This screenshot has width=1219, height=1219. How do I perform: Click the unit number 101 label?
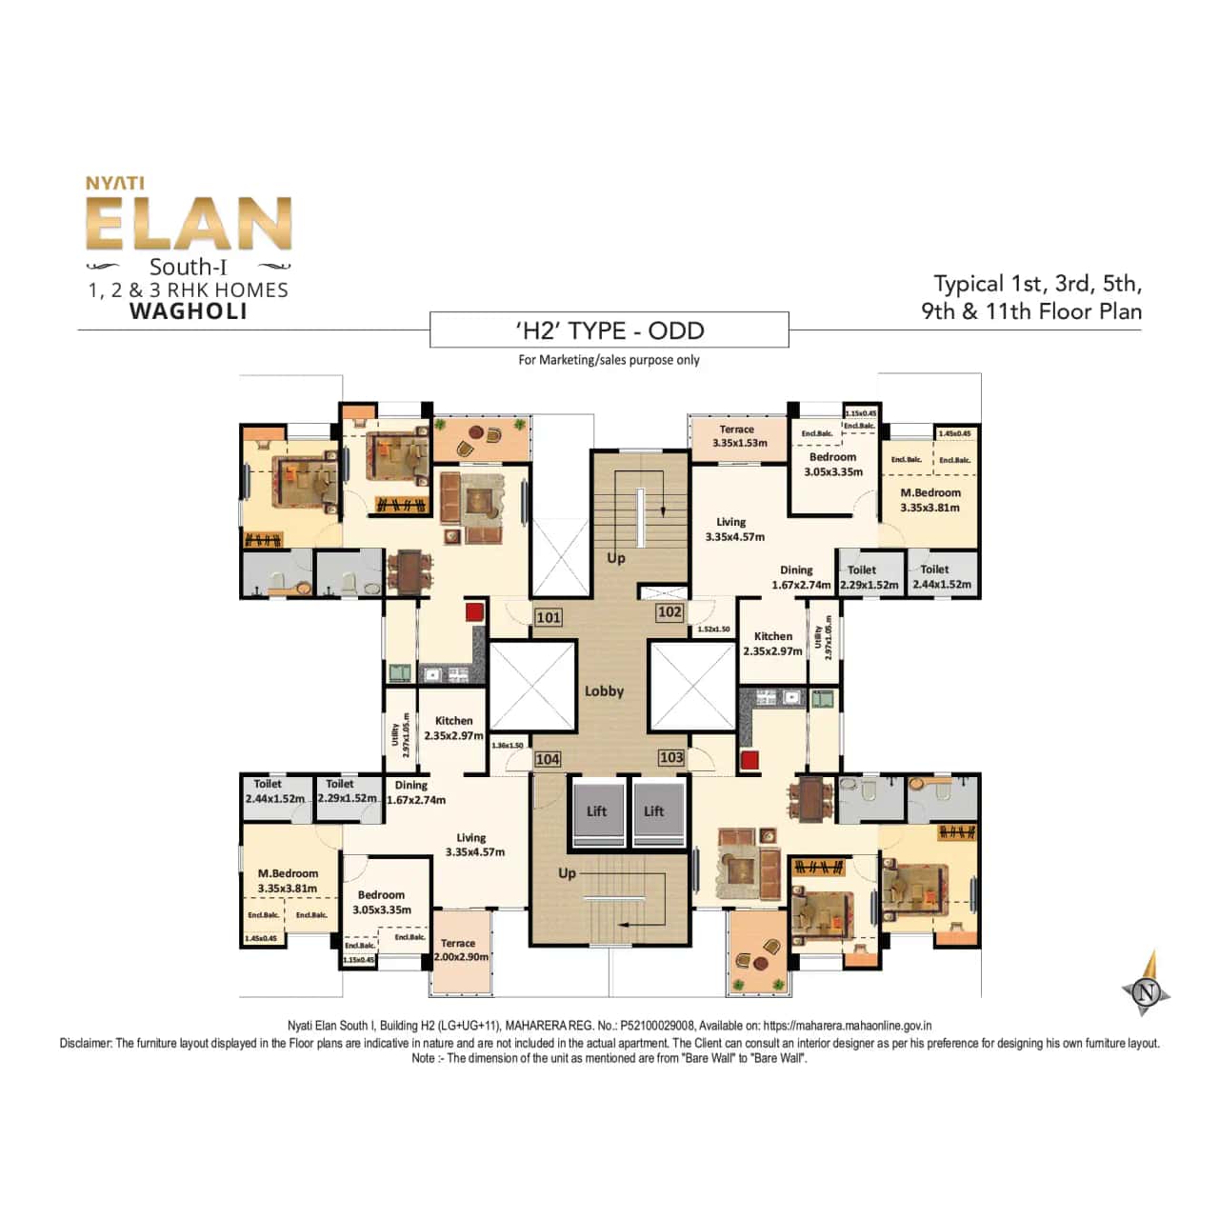coord(549,617)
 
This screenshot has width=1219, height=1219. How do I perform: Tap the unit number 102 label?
coord(669,612)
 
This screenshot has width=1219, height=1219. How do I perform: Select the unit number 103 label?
coord(671,757)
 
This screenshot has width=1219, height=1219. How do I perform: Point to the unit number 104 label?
coord(548,759)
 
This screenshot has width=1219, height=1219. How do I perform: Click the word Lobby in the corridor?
coord(604,691)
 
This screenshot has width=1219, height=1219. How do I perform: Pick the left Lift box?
coord(597,811)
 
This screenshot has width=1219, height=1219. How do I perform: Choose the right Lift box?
coord(654,811)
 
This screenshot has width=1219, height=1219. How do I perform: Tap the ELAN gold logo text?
coord(189,225)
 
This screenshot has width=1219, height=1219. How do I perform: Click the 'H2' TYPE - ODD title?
coord(609,330)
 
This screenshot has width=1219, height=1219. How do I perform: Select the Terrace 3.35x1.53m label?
coord(739,436)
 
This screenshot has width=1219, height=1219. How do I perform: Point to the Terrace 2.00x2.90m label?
coord(461,949)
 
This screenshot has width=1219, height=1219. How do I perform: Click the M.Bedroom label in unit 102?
coord(930,500)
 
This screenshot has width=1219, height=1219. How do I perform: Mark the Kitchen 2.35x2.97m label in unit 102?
coord(772,644)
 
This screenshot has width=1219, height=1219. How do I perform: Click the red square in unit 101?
coord(475,611)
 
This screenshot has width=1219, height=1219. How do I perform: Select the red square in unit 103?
coord(749,760)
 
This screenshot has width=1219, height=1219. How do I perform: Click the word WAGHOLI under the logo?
coord(189,311)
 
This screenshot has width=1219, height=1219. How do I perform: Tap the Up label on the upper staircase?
coord(616,558)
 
